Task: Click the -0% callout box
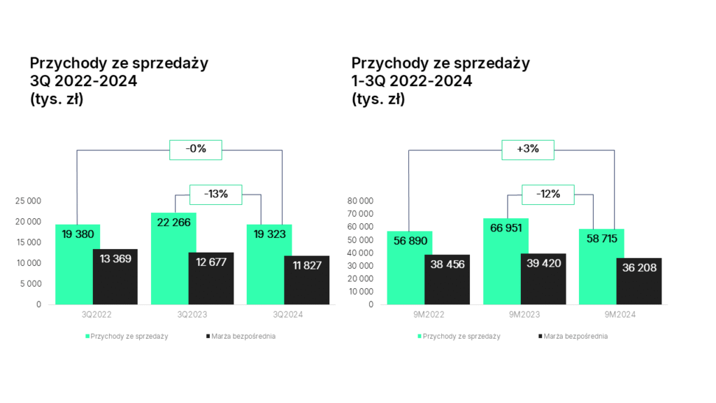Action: (x=196, y=149)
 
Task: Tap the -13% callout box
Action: (x=216, y=194)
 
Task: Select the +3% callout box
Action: (x=528, y=149)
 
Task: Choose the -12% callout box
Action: (x=548, y=194)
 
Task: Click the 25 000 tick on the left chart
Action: (x=29, y=201)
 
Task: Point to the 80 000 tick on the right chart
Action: (x=361, y=201)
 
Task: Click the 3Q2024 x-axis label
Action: (x=288, y=316)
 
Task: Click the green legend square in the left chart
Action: (x=88, y=337)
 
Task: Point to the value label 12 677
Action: (x=211, y=262)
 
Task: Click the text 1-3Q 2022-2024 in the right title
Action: (x=412, y=81)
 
